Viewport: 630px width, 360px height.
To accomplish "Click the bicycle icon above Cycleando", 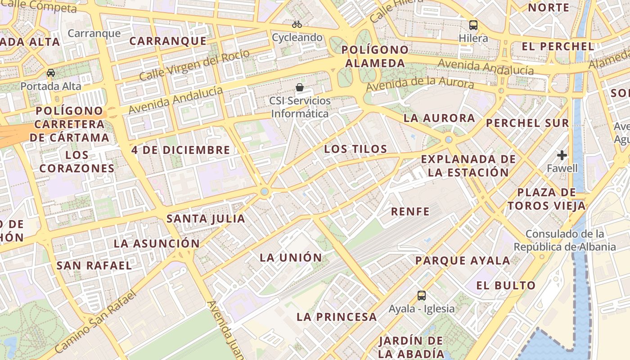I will point(297,24).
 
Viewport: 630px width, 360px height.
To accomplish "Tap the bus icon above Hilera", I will point(473,25).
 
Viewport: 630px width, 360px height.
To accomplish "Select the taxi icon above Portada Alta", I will point(51,73).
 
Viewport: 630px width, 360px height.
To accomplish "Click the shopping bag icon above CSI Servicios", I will point(300,87).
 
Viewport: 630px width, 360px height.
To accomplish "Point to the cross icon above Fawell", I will point(562,156).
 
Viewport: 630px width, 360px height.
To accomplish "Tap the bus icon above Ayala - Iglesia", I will point(422,296).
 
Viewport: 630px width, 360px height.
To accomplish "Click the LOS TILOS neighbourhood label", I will point(355,149).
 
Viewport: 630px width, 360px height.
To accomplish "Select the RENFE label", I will point(410,211).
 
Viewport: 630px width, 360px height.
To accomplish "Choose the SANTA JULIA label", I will point(206,219).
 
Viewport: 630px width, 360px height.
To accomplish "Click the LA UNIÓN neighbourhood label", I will point(291,258).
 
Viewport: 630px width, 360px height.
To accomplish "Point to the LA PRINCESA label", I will point(337,317).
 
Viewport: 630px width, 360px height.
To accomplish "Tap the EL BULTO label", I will point(506,285).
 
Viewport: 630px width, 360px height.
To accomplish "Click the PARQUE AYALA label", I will point(463,261).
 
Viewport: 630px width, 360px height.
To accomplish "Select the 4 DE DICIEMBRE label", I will point(181,150).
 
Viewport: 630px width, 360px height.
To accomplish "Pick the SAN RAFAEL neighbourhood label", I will point(94,265).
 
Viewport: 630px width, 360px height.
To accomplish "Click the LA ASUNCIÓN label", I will point(156,243).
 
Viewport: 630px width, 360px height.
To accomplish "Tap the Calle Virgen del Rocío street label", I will point(194,65).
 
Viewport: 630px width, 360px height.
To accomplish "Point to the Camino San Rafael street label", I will point(95,322).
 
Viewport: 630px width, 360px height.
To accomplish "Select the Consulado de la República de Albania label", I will point(565,240).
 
